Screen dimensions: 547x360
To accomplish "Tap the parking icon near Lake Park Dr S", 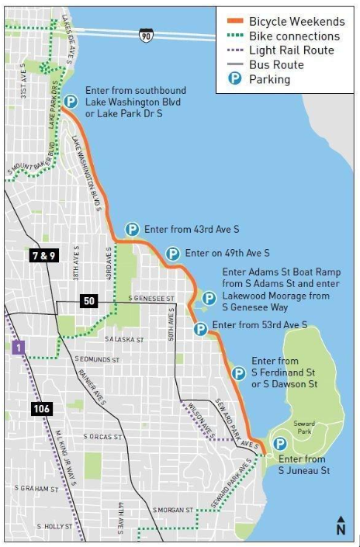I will coord(71,102).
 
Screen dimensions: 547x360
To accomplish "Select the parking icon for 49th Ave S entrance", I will coord(173,254).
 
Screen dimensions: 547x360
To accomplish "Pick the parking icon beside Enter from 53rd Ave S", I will coord(200,329).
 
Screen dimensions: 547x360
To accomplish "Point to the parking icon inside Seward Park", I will coord(279,444).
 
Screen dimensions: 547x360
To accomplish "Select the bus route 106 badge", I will coord(42,408).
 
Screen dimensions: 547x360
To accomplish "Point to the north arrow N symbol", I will coord(340,526).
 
